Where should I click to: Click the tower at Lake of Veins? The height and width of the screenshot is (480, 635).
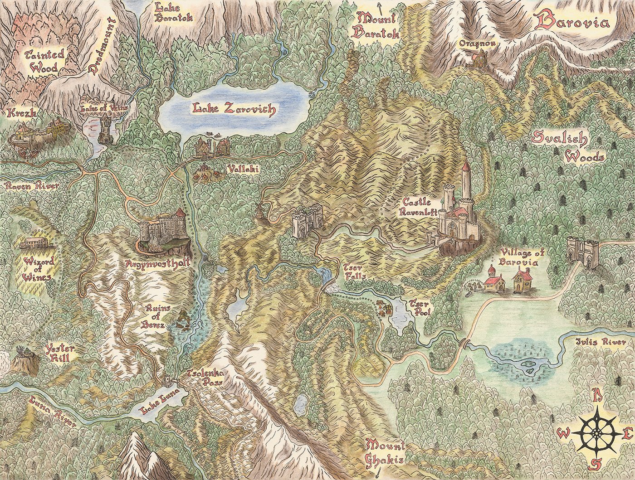point(106,129)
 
